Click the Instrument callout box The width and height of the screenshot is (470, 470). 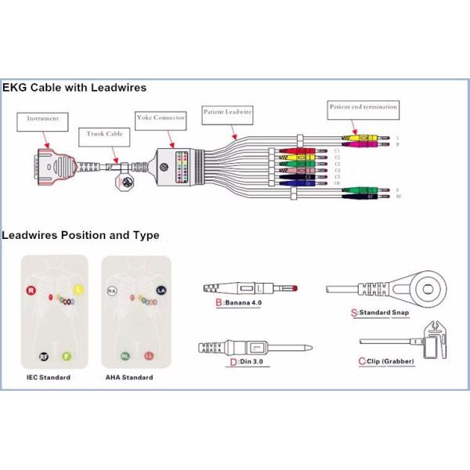pos(42,119)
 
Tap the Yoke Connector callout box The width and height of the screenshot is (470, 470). pos(161,117)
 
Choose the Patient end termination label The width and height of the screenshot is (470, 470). pos(363,106)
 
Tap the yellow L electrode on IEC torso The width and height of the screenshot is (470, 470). pos(78,290)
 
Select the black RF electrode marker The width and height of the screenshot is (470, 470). pos(44,356)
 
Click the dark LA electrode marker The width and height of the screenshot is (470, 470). pos(161,291)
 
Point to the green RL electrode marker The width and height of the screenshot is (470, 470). pos(125,356)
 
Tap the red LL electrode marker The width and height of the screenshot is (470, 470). pos(149,356)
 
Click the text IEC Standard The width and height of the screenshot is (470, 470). pos(48,378)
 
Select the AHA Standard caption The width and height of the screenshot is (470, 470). pos(130,378)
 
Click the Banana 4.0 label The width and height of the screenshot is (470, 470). pos(238,302)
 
